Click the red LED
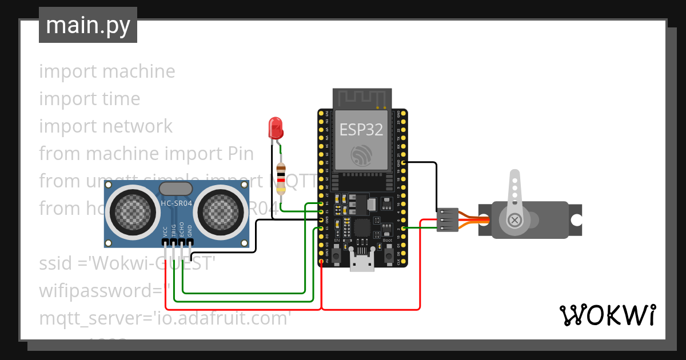tap(276, 127)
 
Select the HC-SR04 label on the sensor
tap(176, 203)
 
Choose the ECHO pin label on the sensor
tap(181, 230)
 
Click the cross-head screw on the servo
tap(516, 220)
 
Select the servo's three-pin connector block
tap(446, 220)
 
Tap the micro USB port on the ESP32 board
tap(362, 264)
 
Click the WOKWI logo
tap(607, 315)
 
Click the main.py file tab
tap(88, 25)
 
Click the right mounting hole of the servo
tap(575, 220)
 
